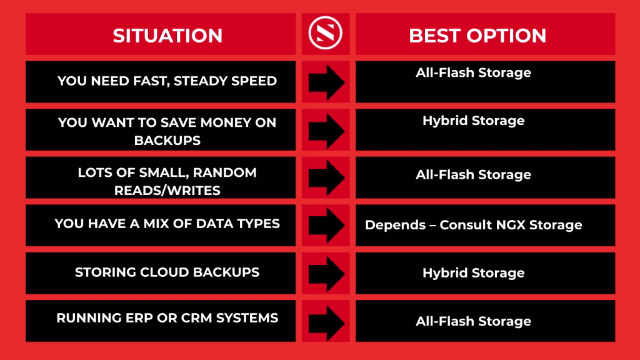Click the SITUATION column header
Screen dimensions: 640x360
[167, 36]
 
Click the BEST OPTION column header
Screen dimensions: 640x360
[477, 36]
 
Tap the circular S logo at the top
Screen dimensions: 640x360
[325, 33]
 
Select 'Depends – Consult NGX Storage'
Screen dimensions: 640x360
[474, 224]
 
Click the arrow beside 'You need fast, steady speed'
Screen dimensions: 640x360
[326, 82]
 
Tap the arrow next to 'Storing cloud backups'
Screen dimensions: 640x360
[326, 274]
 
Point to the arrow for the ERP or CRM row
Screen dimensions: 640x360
[326, 323]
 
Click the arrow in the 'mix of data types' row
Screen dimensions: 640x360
[326, 225]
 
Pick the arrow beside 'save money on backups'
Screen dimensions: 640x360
[326, 131]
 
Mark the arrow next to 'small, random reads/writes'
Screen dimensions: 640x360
[326, 177]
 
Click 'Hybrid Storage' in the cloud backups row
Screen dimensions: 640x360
[474, 272]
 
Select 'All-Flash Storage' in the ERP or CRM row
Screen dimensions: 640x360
[474, 321]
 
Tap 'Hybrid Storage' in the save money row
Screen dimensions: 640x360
[474, 121]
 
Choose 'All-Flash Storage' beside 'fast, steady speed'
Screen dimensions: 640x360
[474, 72]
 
